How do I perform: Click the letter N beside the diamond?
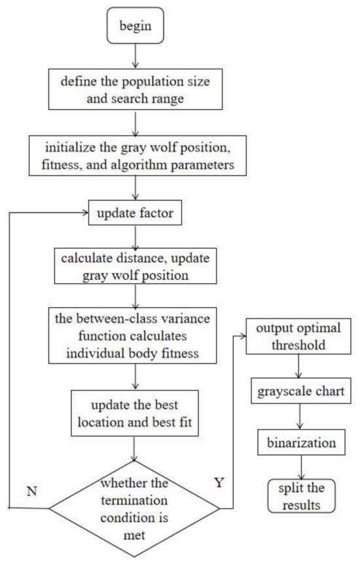pos(31,472)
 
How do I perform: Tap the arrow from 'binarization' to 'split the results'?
pos(300,467)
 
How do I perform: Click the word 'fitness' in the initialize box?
pos(73,167)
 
